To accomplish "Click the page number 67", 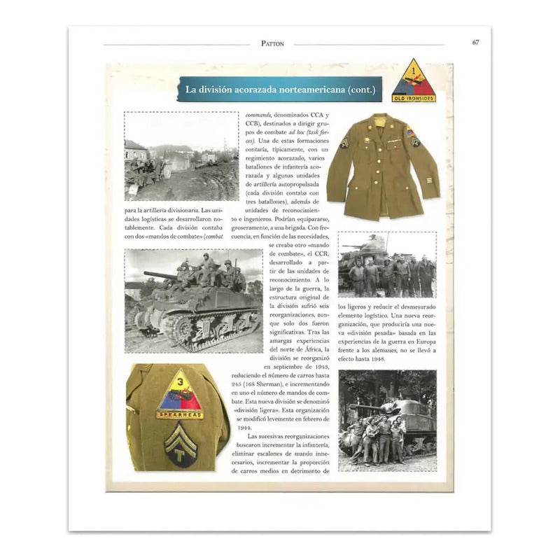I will pyautogui.click(x=475, y=42).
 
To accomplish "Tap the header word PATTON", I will pyautogui.click(x=272, y=43).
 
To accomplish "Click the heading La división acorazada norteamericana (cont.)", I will pyautogui.click(x=280, y=90).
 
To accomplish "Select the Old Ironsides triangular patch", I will pyautogui.click(x=413, y=81).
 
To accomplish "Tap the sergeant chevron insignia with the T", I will pyautogui.click(x=180, y=445).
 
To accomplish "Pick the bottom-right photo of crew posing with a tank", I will pyautogui.click(x=386, y=420).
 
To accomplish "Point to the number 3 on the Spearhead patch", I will pyautogui.click(x=180, y=381).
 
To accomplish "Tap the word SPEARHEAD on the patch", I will pyautogui.click(x=180, y=415).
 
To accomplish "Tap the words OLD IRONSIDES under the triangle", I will pyautogui.click(x=413, y=98).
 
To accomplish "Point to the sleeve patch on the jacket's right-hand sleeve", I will pyautogui.click(x=411, y=132).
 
